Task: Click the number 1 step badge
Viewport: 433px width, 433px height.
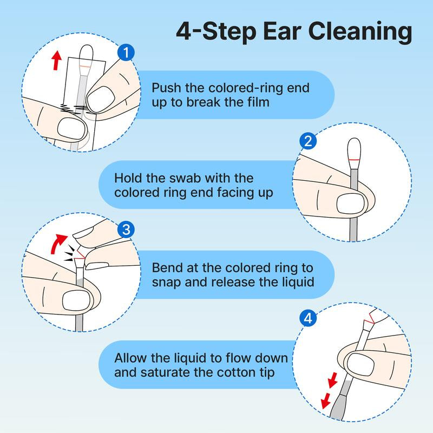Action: pyautogui.click(x=126, y=53)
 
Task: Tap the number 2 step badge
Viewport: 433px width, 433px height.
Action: pyautogui.click(x=307, y=142)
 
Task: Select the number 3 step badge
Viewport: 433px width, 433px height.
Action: pyautogui.click(x=126, y=230)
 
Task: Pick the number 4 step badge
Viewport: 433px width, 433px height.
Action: pyautogui.click(x=307, y=319)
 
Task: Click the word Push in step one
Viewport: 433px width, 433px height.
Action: pyautogui.click(x=163, y=88)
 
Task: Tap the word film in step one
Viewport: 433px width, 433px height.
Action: pyautogui.click(x=257, y=102)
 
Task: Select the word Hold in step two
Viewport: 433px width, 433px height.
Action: pyautogui.click(x=127, y=178)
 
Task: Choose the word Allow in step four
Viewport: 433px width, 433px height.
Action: pyautogui.click(x=129, y=358)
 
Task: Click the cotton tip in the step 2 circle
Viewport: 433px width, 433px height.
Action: pyautogui.click(x=355, y=148)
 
